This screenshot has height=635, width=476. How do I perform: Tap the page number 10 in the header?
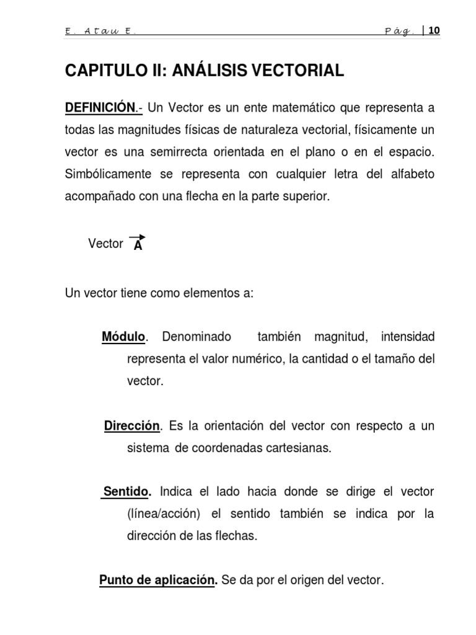point(434,30)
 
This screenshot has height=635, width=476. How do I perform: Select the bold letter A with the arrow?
point(138,245)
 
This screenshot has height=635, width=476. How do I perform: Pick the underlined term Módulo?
point(123,337)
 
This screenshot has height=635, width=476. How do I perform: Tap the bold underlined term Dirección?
point(132,426)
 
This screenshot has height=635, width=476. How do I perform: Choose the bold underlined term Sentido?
point(126,492)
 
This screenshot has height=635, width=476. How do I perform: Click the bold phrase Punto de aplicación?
point(157,581)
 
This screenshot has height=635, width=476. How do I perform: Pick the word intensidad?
point(408,337)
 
